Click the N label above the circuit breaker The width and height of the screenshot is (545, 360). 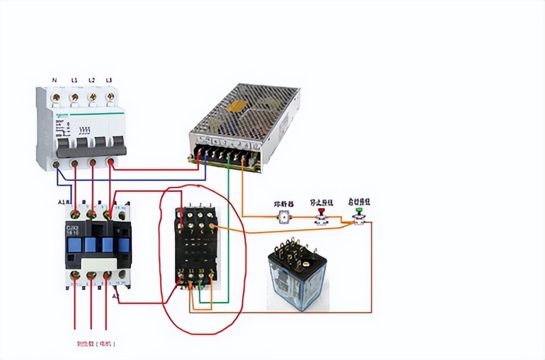click(x=54, y=80)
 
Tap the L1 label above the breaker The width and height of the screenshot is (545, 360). click(x=74, y=80)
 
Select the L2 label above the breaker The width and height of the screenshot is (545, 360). click(x=91, y=80)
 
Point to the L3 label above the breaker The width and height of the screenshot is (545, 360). click(x=109, y=80)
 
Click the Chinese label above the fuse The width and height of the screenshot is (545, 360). click(x=283, y=203)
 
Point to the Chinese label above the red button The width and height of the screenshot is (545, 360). click(x=321, y=202)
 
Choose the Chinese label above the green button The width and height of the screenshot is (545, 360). click(x=359, y=202)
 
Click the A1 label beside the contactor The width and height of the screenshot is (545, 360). click(x=62, y=202)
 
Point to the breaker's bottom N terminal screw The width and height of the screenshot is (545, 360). click(x=57, y=165)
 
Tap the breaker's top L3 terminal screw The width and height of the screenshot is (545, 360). click(x=109, y=98)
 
